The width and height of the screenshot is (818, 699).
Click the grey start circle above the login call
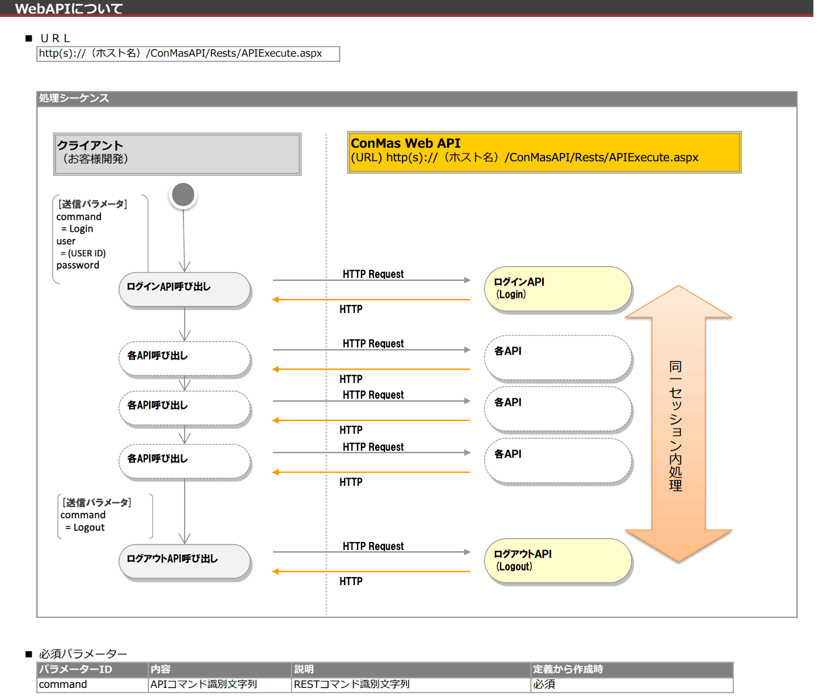point(183,194)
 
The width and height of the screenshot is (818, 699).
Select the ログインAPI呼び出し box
point(185,288)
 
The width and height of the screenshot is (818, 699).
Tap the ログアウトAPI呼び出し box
point(185,561)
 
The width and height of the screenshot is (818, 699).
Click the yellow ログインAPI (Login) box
point(558,288)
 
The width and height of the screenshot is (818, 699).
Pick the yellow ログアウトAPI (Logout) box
point(558,561)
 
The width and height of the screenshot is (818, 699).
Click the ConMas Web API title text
point(405,144)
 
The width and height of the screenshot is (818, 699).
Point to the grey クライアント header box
point(177,154)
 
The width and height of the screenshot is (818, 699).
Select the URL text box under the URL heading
point(188,54)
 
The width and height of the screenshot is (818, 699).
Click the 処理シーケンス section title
point(74,98)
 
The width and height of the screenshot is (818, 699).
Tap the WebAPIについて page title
point(69,9)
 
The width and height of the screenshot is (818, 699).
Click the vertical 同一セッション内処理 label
point(676,426)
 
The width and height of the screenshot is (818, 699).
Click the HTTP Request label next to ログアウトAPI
point(373,546)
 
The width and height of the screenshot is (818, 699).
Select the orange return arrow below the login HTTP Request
point(371,300)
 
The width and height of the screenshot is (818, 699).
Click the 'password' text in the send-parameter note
point(78,265)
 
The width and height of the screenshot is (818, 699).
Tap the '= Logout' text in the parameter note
point(85,527)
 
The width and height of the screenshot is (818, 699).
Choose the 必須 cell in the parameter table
point(545,684)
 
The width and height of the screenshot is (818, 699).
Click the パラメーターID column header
point(75,669)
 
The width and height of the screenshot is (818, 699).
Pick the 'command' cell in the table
point(63,684)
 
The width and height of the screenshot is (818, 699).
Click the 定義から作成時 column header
point(568,669)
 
